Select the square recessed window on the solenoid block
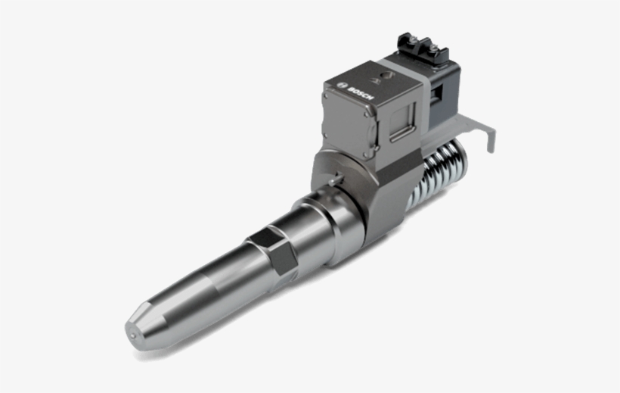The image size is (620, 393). (401, 121)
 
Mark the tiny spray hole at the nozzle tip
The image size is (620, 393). (130, 334)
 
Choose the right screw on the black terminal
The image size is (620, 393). (436, 52)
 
